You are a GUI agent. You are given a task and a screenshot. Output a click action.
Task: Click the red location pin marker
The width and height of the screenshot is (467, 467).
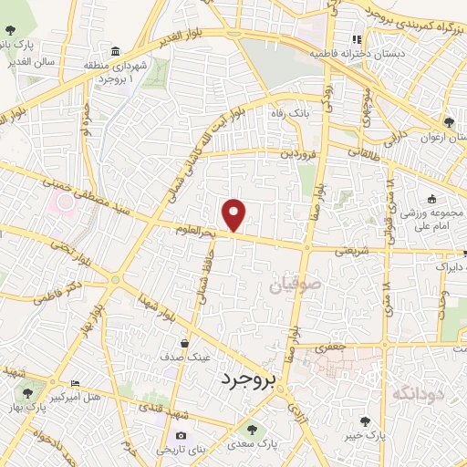[235, 214]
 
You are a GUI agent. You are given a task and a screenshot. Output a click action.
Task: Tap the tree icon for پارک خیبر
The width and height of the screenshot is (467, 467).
[365, 421]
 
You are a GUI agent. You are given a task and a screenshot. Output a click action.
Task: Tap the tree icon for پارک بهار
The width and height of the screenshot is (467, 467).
[27, 390]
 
